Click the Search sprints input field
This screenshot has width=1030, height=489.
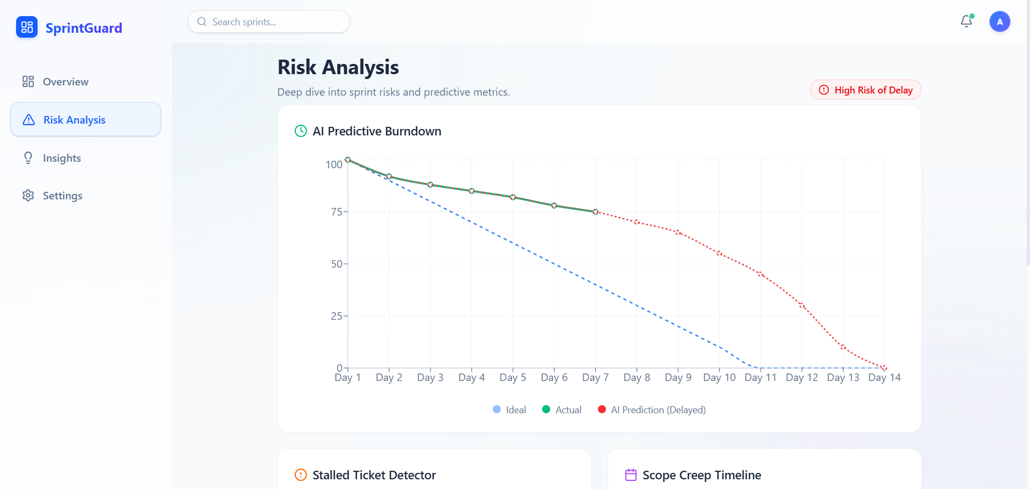point(268,22)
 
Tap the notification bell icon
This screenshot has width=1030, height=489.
point(966,21)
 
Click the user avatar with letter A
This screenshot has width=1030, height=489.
point(999,22)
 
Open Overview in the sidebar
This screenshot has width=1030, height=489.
point(65,82)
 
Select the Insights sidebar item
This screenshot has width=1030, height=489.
point(62,158)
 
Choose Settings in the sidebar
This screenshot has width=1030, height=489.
point(62,196)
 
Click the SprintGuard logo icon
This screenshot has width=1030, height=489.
point(27,27)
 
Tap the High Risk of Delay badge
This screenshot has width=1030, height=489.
point(865,90)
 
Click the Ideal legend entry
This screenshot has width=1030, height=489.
point(509,410)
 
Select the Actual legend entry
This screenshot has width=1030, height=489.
point(561,410)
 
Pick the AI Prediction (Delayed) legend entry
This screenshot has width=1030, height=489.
point(652,410)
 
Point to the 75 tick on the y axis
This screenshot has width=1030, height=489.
point(337,212)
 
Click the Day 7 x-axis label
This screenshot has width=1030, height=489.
point(595,378)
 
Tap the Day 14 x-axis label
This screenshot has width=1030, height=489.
point(884,378)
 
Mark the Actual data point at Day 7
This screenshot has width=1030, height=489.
point(595,212)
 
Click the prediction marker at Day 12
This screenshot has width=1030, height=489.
point(801,305)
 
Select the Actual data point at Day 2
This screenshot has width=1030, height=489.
point(389,177)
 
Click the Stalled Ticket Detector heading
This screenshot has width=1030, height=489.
point(374,475)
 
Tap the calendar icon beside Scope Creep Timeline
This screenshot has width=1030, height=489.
point(631,475)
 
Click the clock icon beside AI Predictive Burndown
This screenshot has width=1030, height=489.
point(301,131)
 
